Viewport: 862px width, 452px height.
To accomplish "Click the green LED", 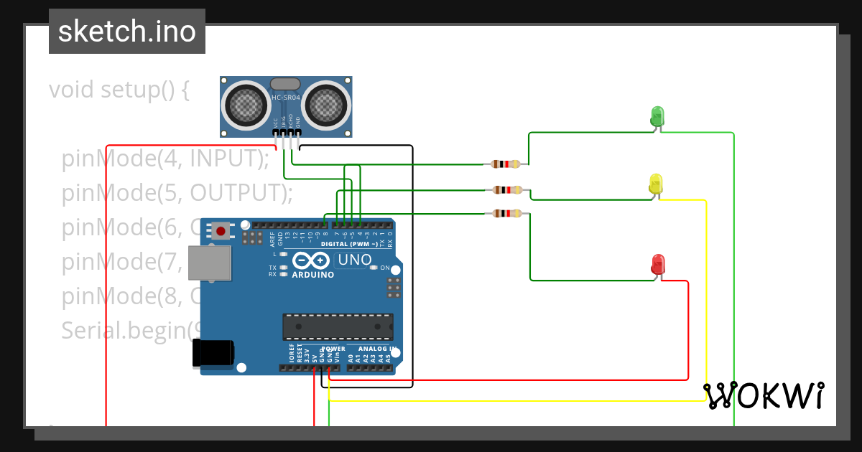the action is [657, 116].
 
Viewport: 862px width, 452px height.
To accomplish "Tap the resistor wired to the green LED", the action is [506, 164].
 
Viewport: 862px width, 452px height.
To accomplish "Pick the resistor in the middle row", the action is [508, 190].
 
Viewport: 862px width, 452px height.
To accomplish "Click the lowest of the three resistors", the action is [508, 213].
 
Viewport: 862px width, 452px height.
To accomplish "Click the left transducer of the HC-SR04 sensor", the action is [246, 105].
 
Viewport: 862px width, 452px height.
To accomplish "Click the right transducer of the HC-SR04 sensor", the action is [328, 105].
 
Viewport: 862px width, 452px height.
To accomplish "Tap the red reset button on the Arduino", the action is [221, 230].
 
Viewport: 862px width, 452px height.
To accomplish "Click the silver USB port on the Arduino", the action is [210, 263].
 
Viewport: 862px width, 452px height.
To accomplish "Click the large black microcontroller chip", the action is [338, 326].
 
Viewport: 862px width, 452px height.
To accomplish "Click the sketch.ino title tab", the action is [127, 32].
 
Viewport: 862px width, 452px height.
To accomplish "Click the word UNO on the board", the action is [355, 260].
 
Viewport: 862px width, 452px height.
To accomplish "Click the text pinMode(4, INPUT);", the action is [165, 159].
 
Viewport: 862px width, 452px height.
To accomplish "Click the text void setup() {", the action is [119, 90].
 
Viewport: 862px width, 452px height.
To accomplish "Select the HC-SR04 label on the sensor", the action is [286, 98].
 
